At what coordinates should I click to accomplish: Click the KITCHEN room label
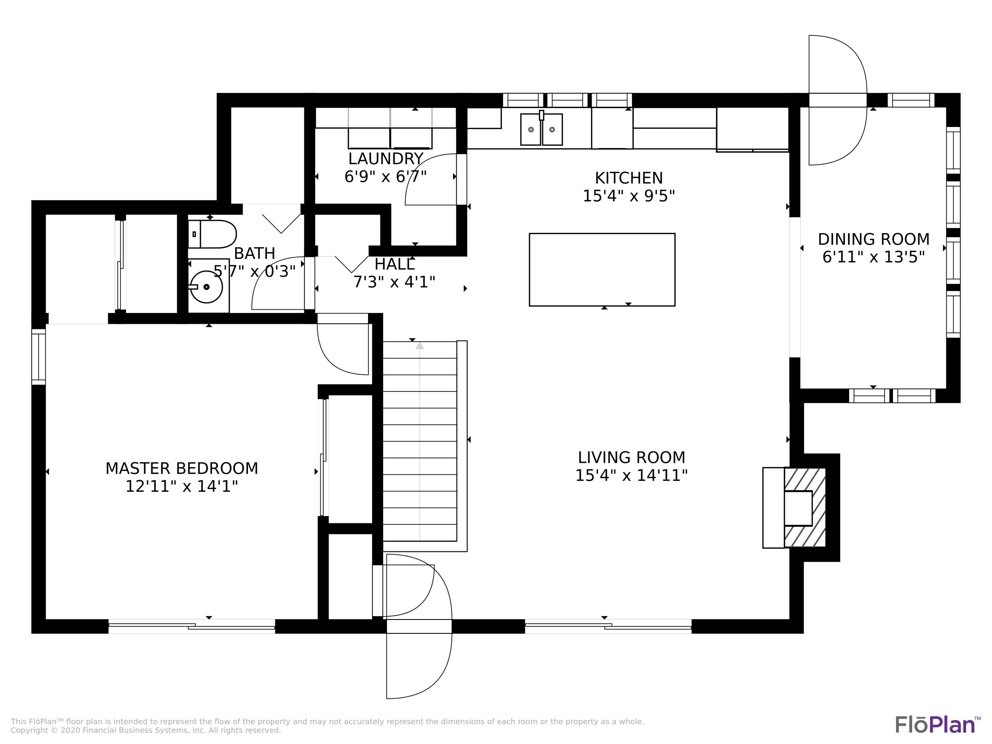(x=628, y=178)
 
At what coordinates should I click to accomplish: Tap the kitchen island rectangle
(x=602, y=269)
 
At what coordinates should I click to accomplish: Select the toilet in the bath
(x=212, y=234)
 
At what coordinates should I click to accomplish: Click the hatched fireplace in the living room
(x=805, y=508)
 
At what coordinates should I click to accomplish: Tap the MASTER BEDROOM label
(x=182, y=469)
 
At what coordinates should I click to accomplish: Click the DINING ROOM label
(x=873, y=239)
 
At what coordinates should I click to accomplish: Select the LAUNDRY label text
(x=386, y=159)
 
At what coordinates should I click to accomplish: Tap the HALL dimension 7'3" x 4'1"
(x=394, y=282)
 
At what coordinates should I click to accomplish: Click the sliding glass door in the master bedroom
(x=191, y=626)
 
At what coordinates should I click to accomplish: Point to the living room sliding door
(x=608, y=626)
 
